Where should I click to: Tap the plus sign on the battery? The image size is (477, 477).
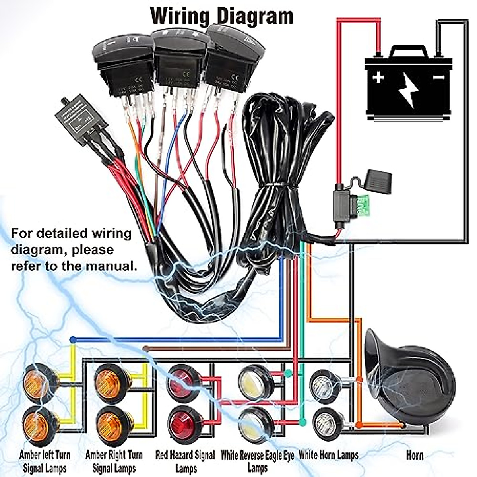378,77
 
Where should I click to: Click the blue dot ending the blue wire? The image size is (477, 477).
73,340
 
